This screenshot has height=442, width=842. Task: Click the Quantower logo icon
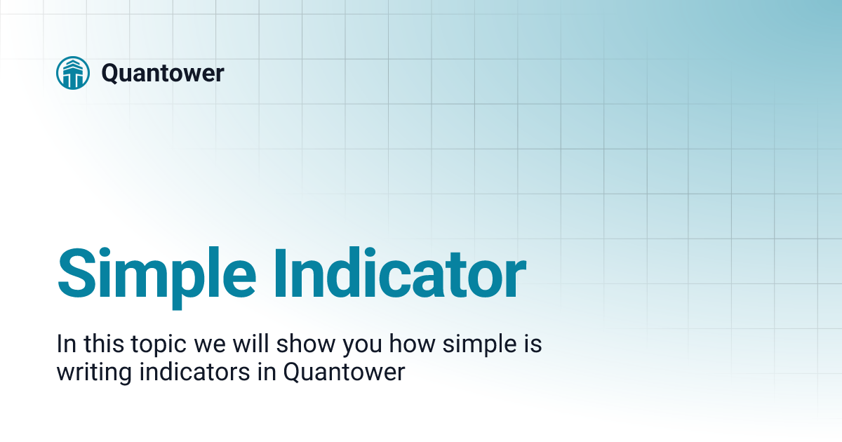(73, 72)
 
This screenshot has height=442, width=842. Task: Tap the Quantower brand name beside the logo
(163, 72)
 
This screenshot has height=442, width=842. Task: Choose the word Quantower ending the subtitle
(344, 371)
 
